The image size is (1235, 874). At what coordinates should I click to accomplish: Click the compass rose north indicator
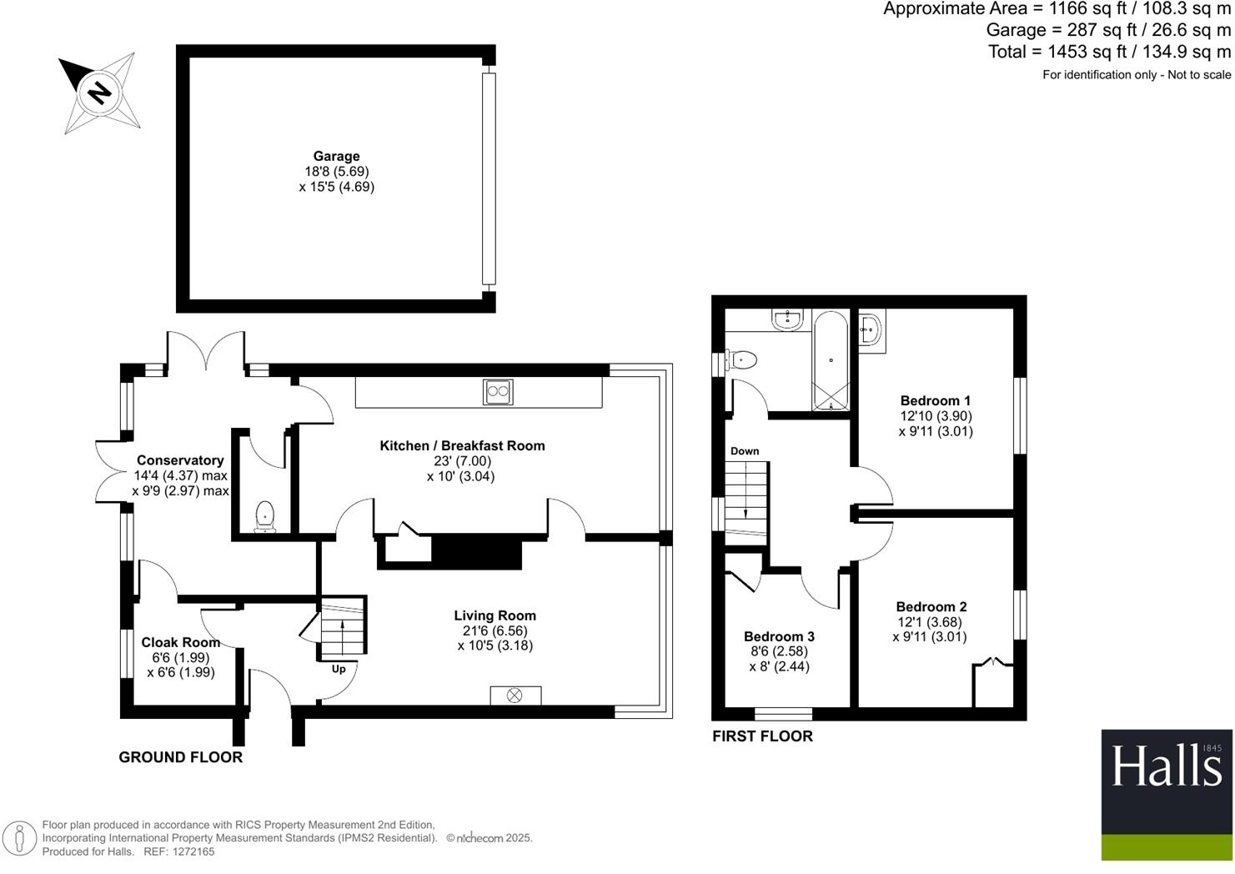pos(99,91)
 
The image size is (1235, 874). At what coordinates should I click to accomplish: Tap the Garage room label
pos(336,156)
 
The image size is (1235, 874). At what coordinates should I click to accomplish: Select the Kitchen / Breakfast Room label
pos(462,446)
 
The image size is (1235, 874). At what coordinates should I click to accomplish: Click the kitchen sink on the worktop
pos(498,391)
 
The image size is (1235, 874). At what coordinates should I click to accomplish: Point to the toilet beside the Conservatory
pos(265,515)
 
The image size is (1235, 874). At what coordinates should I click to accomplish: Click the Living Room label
pos(495,615)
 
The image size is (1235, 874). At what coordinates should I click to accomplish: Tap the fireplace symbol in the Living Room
pos(515,695)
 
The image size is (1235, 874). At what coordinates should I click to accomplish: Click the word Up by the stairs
pos(339,669)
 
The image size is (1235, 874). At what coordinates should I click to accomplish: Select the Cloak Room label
pos(180,642)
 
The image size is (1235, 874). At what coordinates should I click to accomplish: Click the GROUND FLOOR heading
pos(180,757)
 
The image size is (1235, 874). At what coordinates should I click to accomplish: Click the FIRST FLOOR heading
pos(762,736)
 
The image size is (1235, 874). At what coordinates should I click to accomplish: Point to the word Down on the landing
pos(745,451)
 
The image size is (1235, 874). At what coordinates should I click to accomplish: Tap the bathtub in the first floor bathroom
pos(831,361)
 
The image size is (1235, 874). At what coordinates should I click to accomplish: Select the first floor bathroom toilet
pos(741,359)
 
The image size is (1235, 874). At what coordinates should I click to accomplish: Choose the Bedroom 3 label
pos(779,636)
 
